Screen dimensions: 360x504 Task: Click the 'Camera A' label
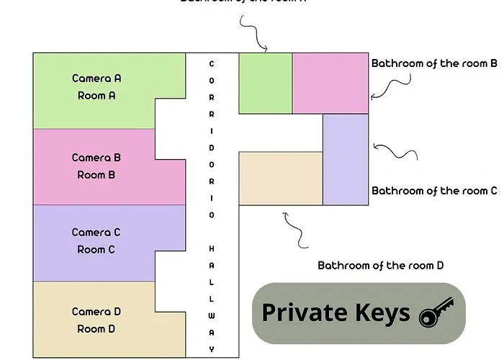click(96, 78)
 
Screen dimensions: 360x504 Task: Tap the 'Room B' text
click(96, 175)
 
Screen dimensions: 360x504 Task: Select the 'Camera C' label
click(96, 233)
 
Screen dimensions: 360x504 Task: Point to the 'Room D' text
click(96, 329)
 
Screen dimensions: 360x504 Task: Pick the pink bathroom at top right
click(330, 83)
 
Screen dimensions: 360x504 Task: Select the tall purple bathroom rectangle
click(345, 159)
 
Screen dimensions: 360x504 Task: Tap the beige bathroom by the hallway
click(280, 178)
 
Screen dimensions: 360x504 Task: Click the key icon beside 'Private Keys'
click(436, 312)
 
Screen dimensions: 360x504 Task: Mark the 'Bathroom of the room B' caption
click(434, 63)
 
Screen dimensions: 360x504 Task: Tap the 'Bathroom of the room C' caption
click(434, 191)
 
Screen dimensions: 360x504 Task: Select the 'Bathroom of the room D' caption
click(381, 266)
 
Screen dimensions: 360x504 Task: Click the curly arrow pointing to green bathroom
click(253, 35)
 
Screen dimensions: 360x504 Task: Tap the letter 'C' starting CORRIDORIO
click(212, 63)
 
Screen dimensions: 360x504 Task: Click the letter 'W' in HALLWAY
click(212, 315)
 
